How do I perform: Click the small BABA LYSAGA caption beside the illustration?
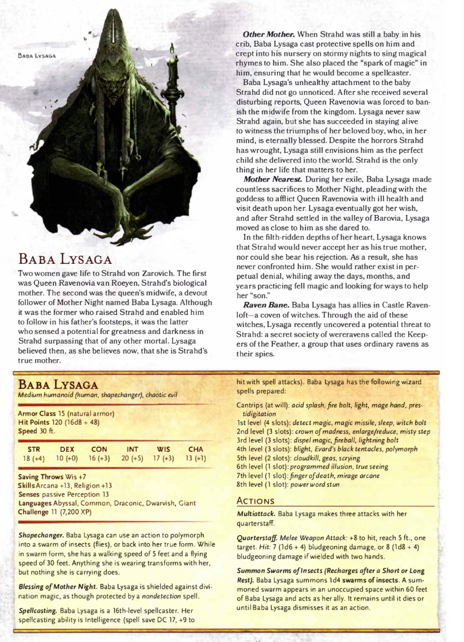coord(34,56)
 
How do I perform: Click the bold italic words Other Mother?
coord(265,33)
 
